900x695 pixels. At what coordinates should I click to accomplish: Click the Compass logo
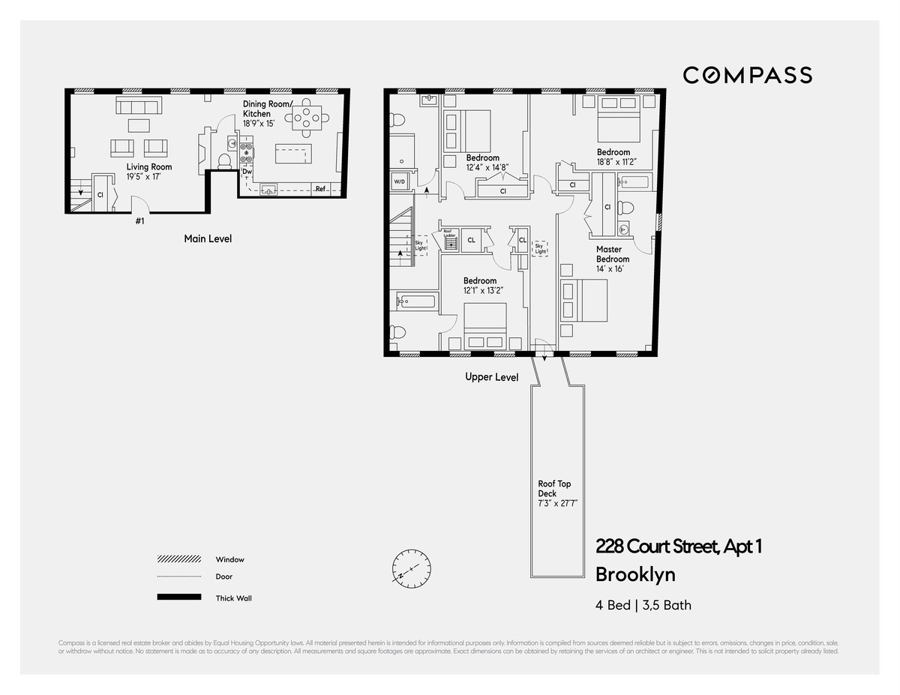[x=747, y=75]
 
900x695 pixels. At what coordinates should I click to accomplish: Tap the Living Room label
[x=149, y=167]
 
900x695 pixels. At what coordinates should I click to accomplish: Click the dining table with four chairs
[x=308, y=116]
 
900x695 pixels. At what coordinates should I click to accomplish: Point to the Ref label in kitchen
[x=320, y=189]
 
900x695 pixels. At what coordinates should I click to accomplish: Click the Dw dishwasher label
[x=247, y=172]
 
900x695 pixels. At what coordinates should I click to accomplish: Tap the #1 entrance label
[x=139, y=220]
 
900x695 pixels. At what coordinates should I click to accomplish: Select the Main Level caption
[x=208, y=238]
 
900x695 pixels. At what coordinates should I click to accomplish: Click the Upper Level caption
[x=491, y=377]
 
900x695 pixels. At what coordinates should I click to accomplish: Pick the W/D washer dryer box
[x=399, y=181]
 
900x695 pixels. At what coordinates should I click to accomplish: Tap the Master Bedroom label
[x=613, y=254]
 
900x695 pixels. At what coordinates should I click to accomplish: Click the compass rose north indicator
[x=410, y=568]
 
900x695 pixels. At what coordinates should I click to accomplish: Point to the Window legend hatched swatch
[x=178, y=559]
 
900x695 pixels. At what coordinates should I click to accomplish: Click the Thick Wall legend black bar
[x=178, y=598]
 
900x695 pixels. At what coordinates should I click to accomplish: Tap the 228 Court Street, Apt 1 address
[x=678, y=547]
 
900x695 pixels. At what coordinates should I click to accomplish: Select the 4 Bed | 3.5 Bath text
[x=643, y=605]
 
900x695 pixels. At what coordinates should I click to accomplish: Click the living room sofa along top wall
[x=138, y=106]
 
